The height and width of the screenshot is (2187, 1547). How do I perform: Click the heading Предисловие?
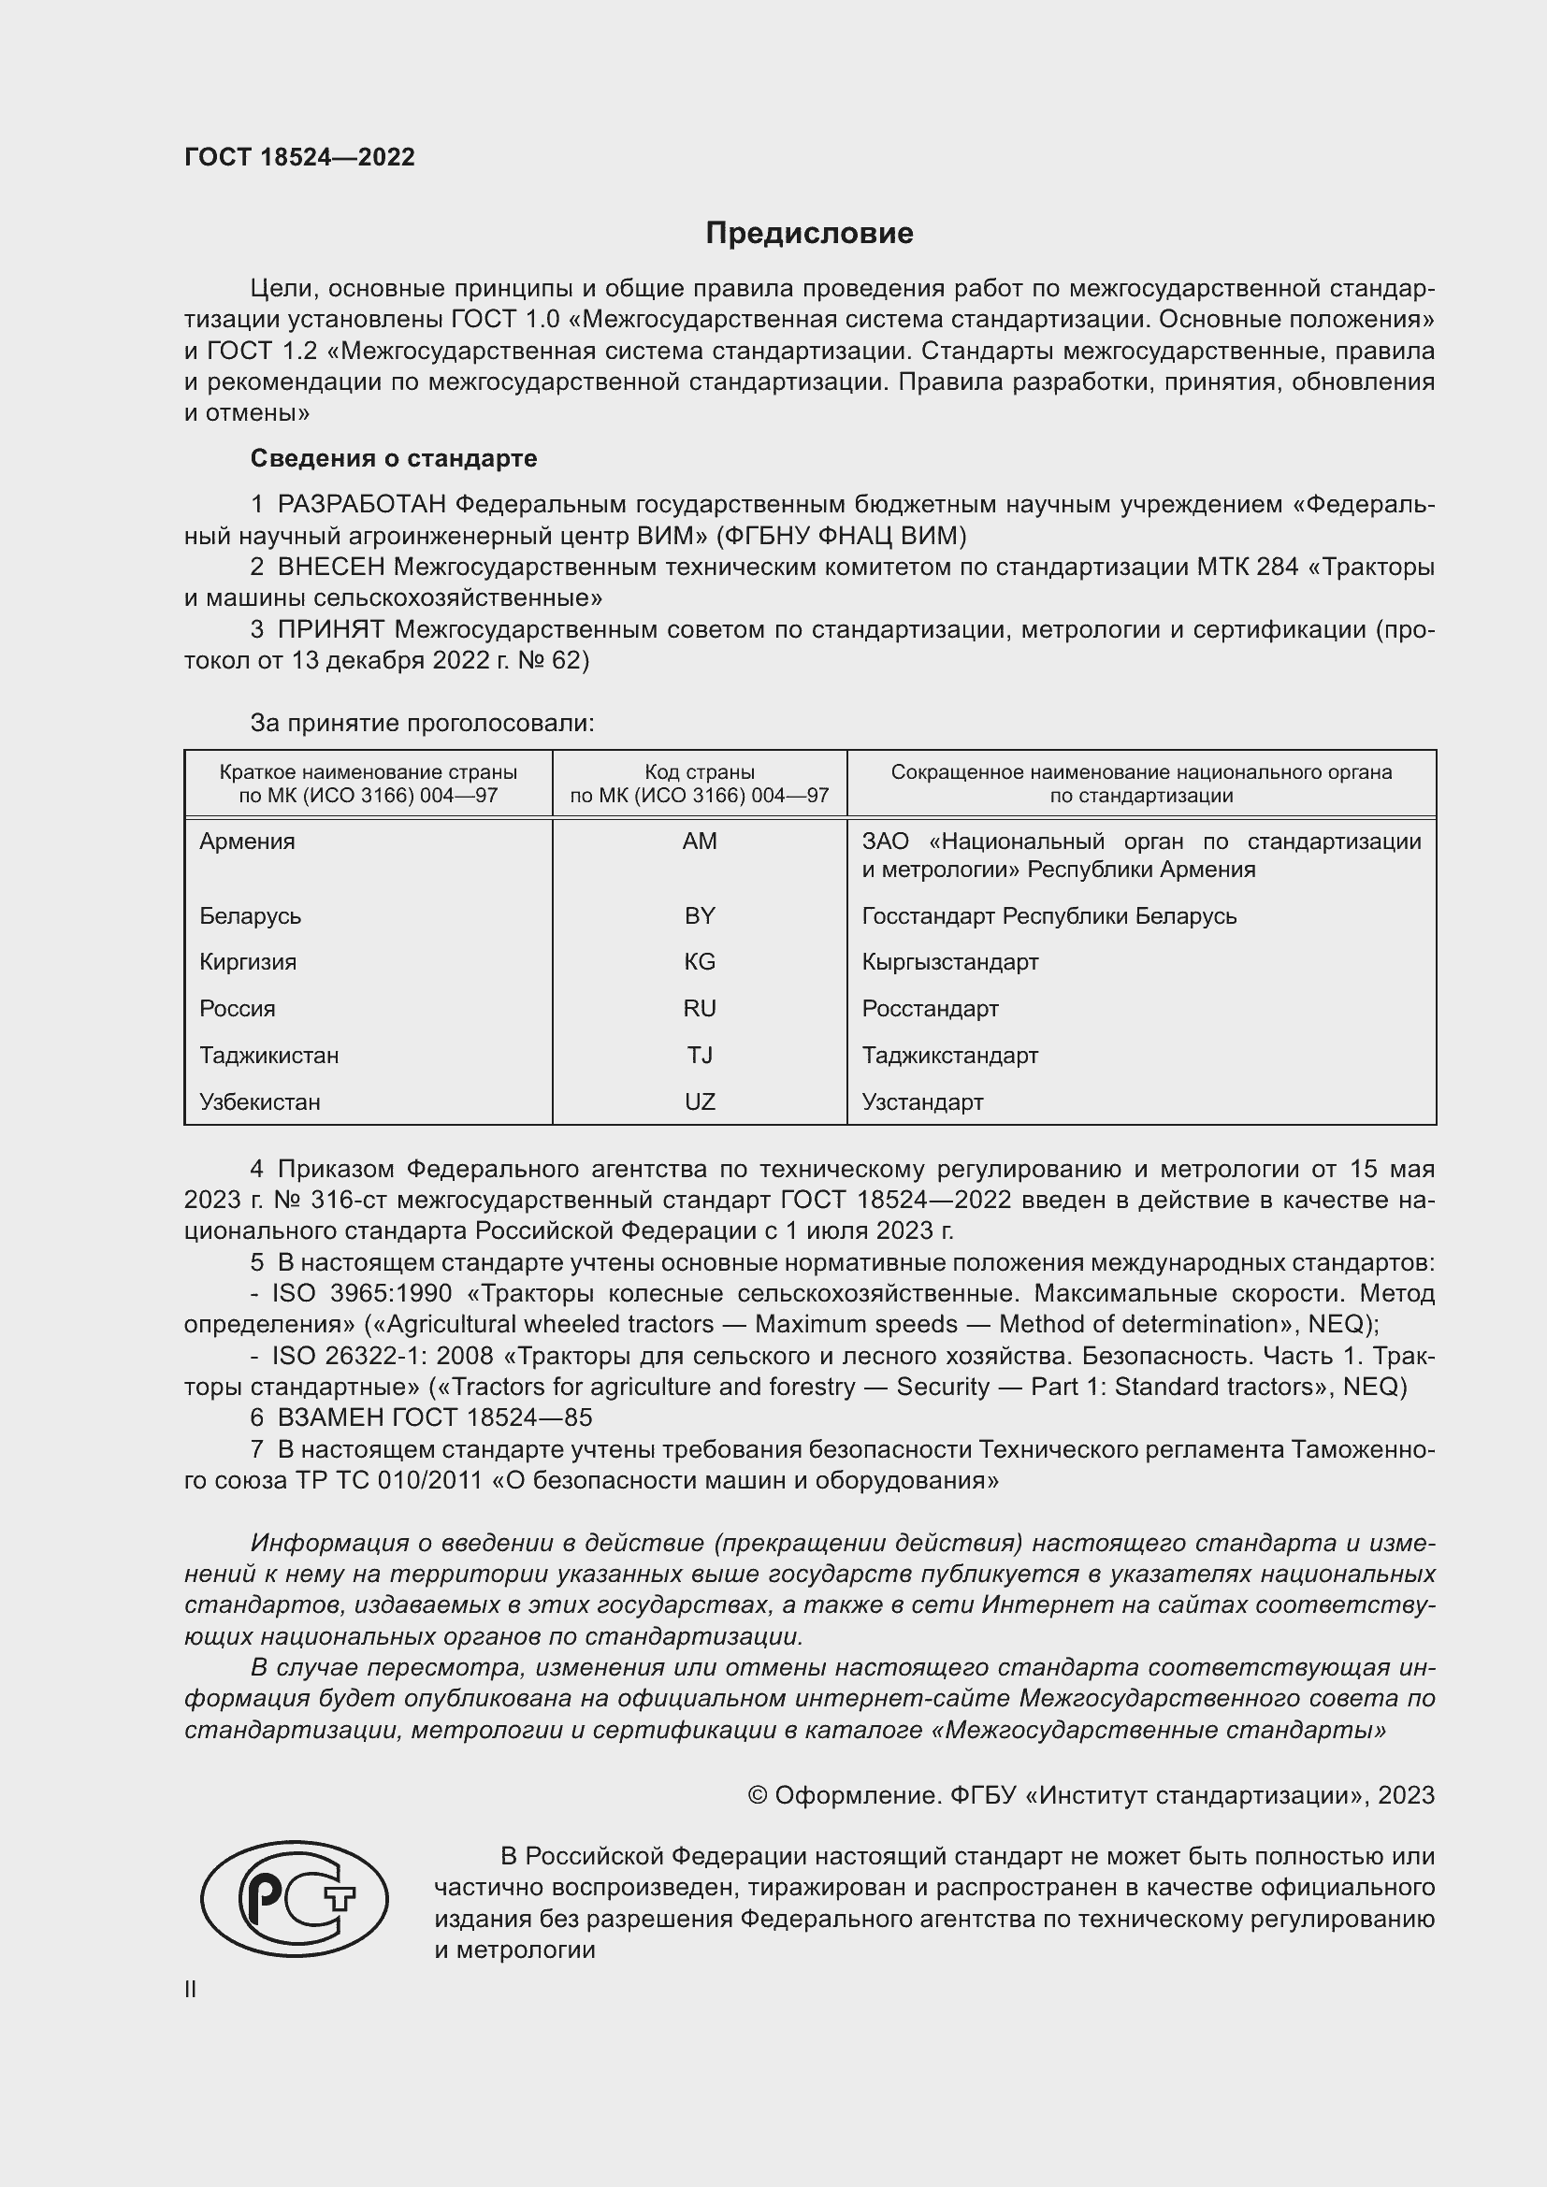[809, 234]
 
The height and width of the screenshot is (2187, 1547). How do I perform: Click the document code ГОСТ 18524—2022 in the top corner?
[299, 158]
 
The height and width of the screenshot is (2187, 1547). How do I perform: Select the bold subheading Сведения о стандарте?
[394, 458]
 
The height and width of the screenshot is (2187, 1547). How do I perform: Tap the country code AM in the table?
[700, 842]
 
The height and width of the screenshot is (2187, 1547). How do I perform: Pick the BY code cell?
[700, 915]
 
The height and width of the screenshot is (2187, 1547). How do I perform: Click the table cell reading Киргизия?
[248, 962]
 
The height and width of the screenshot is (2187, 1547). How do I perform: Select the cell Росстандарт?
[930, 1009]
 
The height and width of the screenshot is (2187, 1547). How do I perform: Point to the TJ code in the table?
[700, 1056]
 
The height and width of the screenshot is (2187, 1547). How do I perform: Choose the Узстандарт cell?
[922, 1102]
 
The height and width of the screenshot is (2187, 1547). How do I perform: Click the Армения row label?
[248, 842]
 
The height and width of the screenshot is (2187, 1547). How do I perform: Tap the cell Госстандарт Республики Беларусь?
[1048, 915]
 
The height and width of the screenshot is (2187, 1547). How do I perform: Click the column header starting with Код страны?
[700, 783]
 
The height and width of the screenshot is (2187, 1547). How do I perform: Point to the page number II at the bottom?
[191, 1989]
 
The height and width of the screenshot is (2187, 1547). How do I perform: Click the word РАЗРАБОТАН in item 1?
[362, 505]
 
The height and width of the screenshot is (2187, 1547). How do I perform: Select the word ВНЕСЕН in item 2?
[331, 568]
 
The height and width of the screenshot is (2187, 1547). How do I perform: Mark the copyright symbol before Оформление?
[758, 1795]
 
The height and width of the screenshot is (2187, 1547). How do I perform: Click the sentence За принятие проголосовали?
[422, 723]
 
